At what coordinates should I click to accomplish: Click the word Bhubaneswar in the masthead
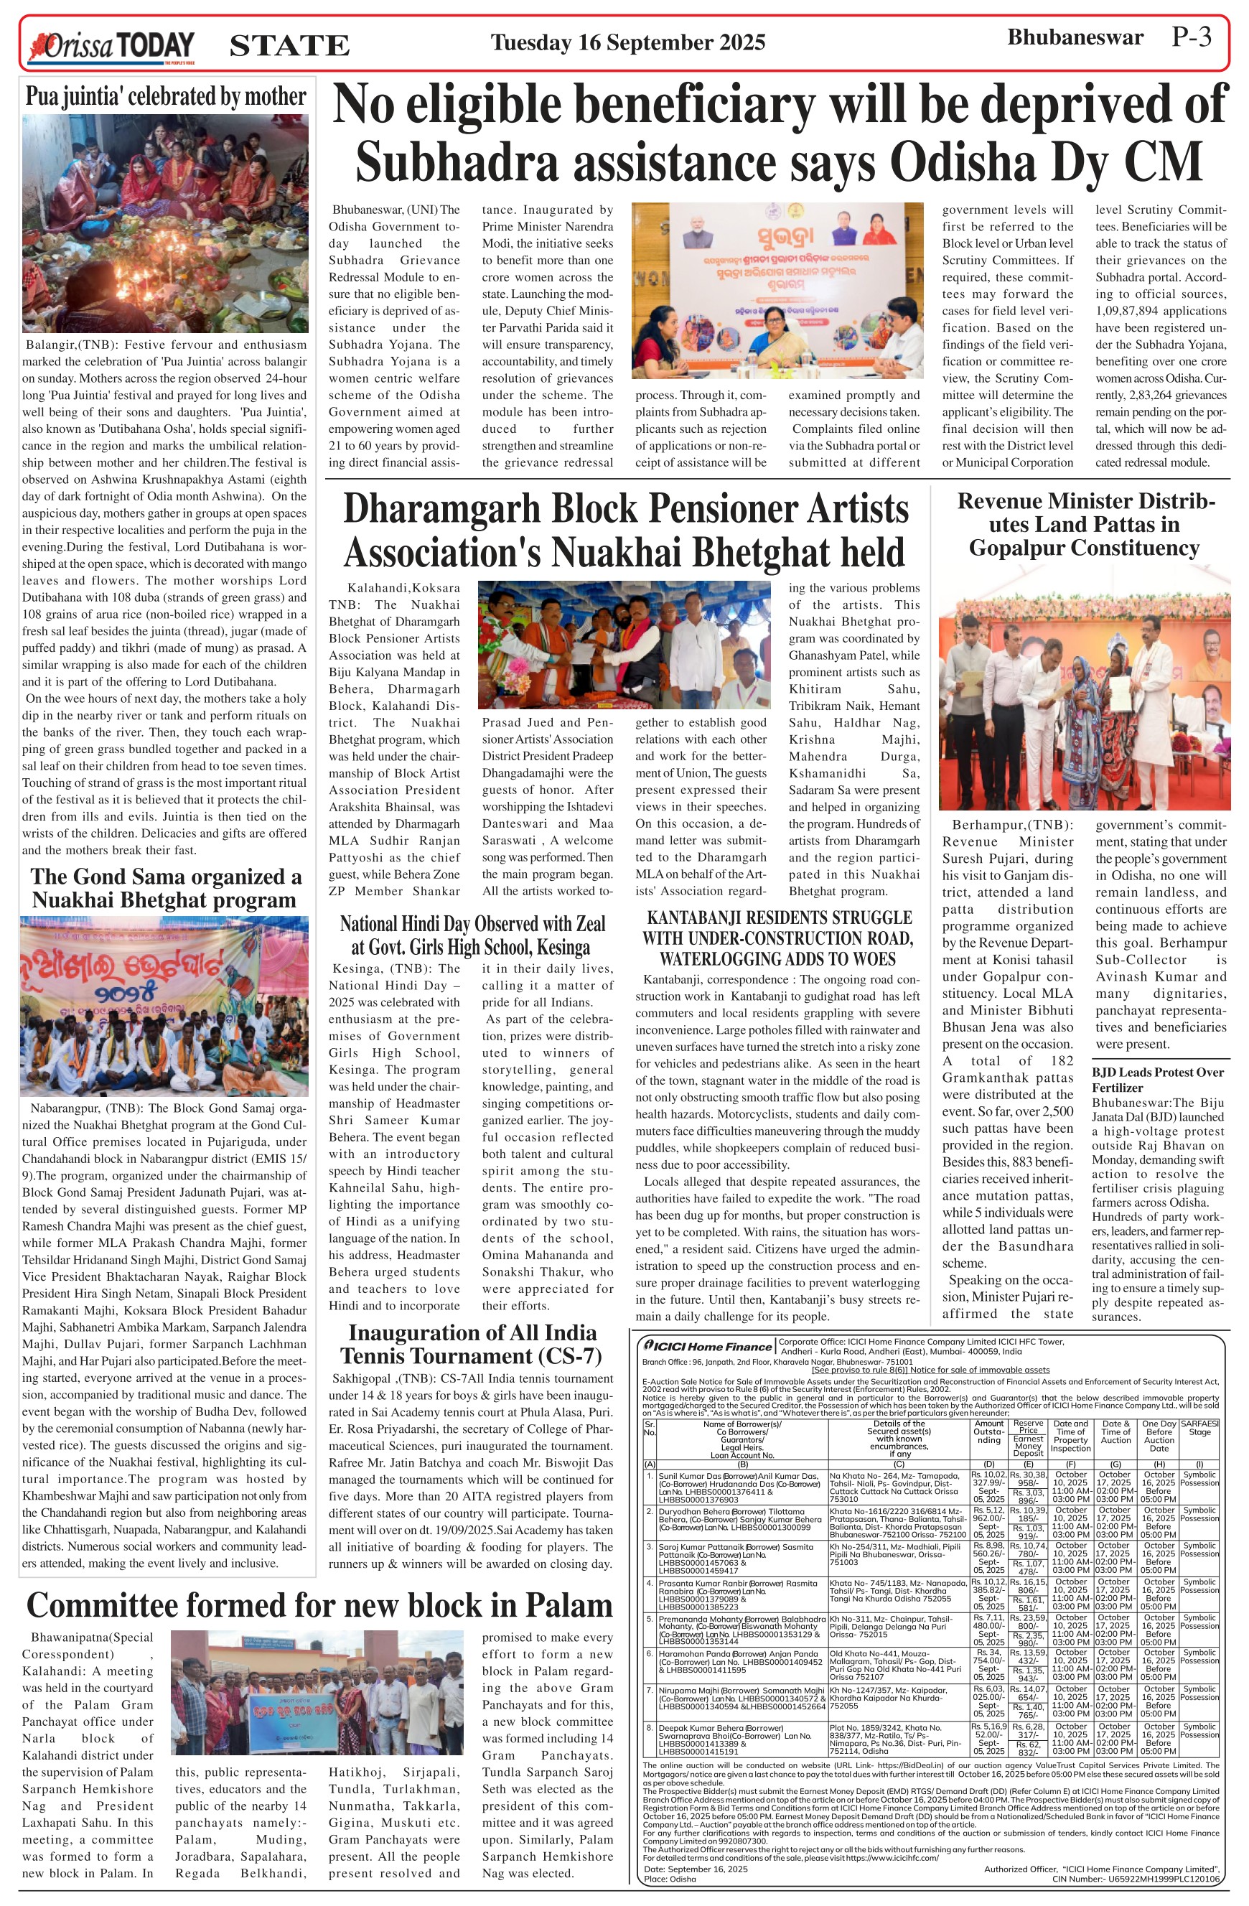(x=1075, y=37)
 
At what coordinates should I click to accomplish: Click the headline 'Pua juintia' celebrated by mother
(x=166, y=97)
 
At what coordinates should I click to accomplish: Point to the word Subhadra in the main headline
(x=456, y=161)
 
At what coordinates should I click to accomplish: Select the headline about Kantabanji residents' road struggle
(x=777, y=938)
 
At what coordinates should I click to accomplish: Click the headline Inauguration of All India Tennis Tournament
(x=472, y=1344)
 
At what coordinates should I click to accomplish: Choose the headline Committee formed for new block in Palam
(x=319, y=1606)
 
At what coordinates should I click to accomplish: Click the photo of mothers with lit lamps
(x=165, y=223)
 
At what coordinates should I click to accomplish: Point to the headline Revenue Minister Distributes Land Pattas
(x=1085, y=525)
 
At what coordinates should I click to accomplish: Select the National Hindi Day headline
(x=472, y=935)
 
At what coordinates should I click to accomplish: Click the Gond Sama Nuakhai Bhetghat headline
(x=166, y=888)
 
